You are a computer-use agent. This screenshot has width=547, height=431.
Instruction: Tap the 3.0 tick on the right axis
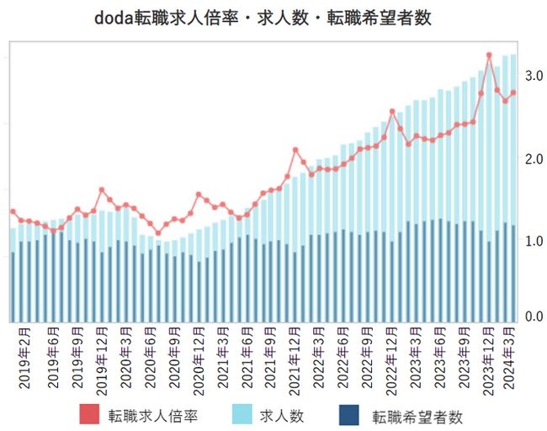pos(533,76)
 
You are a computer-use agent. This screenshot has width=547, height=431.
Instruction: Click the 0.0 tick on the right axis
pos(533,317)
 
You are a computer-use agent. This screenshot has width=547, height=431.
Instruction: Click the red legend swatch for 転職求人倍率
pos(90,415)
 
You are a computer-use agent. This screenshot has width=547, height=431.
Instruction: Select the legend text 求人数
pos(281,415)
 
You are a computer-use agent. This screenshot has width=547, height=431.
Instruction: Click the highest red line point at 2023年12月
pos(489,56)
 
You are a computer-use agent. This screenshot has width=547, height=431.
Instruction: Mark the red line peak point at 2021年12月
pos(295,150)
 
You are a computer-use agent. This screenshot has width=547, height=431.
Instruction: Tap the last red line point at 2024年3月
pos(512,93)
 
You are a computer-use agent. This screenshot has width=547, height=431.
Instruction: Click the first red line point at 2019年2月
pos(13,212)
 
